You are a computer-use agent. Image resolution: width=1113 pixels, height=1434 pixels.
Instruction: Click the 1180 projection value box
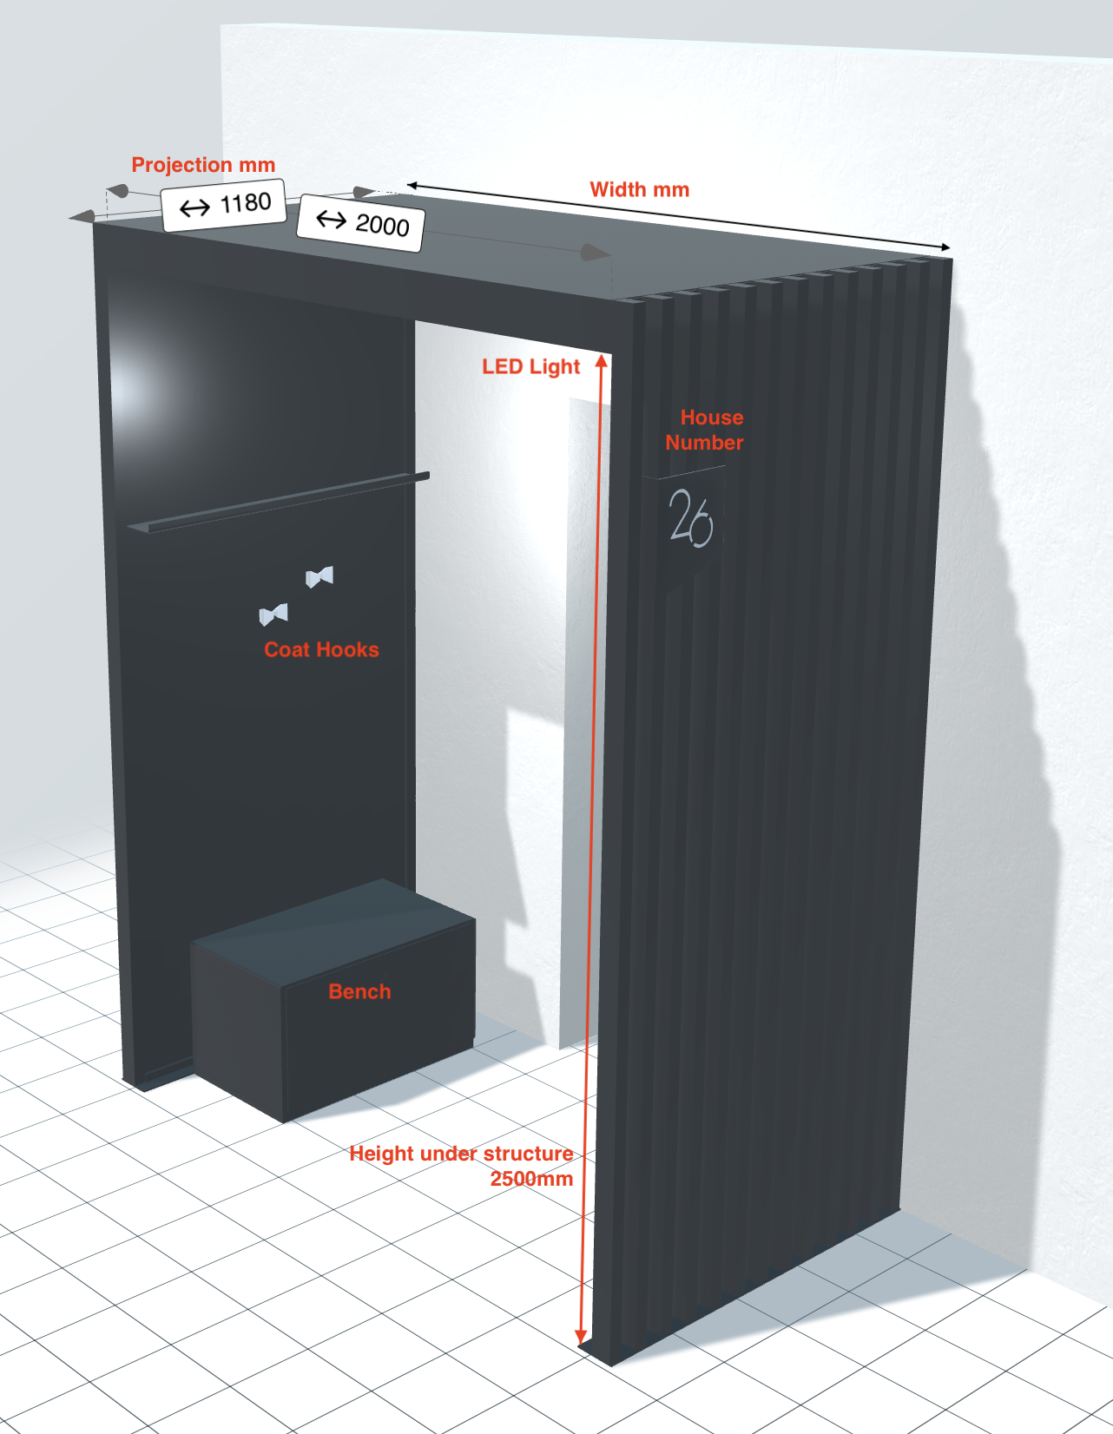pyautogui.click(x=224, y=205)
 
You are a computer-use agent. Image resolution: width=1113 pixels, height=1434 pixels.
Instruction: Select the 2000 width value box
pyautogui.click(x=360, y=223)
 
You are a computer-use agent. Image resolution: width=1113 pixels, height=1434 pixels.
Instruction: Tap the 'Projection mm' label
pyautogui.click(x=203, y=165)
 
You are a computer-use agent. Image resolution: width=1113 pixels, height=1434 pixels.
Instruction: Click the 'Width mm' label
pyautogui.click(x=639, y=190)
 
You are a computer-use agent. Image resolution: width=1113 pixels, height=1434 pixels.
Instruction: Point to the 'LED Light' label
pyautogui.click(x=530, y=367)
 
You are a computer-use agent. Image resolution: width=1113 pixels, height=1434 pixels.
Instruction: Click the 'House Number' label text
pyautogui.click(x=705, y=430)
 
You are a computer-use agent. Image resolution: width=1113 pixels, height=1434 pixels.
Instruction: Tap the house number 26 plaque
pyautogui.click(x=690, y=519)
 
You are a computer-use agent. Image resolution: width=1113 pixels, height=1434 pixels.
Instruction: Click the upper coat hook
pyautogui.click(x=319, y=576)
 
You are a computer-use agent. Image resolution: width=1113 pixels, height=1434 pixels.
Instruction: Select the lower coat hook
pyautogui.click(x=273, y=615)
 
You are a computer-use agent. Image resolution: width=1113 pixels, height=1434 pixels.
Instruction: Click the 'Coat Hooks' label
pyautogui.click(x=321, y=650)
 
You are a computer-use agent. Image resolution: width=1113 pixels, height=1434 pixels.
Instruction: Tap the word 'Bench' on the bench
pyautogui.click(x=359, y=991)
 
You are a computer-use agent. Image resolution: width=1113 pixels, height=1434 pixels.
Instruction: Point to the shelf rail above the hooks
pyautogui.click(x=278, y=503)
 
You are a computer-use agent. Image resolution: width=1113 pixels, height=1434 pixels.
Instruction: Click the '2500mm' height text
pyautogui.click(x=531, y=1179)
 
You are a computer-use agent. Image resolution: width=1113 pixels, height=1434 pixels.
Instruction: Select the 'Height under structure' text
pyautogui.click(x=461, y=1154)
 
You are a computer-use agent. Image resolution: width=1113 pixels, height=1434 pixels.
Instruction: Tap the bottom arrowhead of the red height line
pyautogui.click(x=582, y=1337)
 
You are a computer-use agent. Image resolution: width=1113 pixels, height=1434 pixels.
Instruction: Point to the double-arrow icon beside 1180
pyautogui.click(x=194, y=208)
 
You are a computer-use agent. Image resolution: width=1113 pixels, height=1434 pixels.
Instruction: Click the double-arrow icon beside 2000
pyautogui.click(x=331, y=219)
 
